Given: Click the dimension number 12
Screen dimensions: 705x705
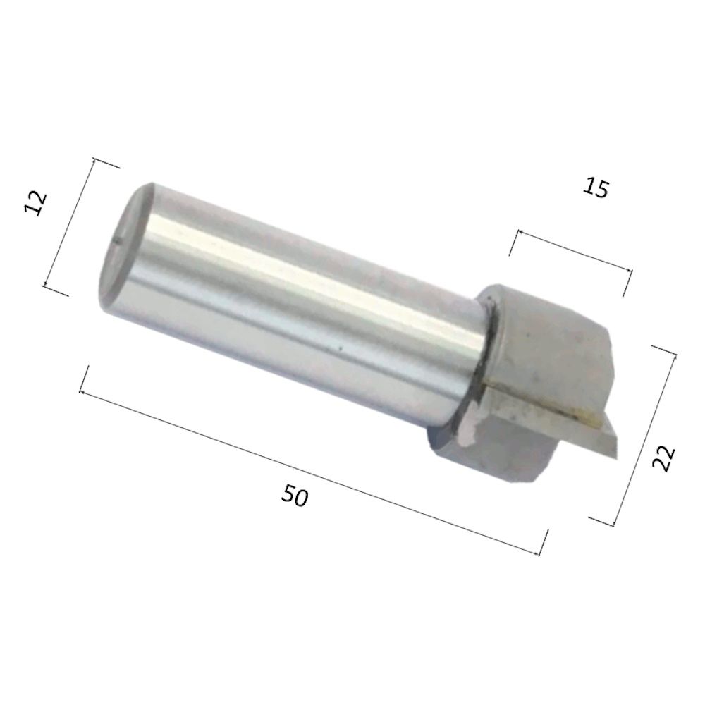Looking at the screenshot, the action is [x=35, y=203].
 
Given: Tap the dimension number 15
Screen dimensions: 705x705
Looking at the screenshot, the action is [x=596, y=188].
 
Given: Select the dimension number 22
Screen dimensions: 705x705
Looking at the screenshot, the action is [x=663, y=458].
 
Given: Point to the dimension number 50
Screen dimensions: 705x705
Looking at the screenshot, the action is [x=295, y=496].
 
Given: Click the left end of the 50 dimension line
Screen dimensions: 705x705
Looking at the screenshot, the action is [x=80, y=392].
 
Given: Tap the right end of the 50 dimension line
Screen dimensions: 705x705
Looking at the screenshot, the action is [x=539, y=555].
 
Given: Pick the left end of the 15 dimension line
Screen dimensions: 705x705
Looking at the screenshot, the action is [x=518, y=231].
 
